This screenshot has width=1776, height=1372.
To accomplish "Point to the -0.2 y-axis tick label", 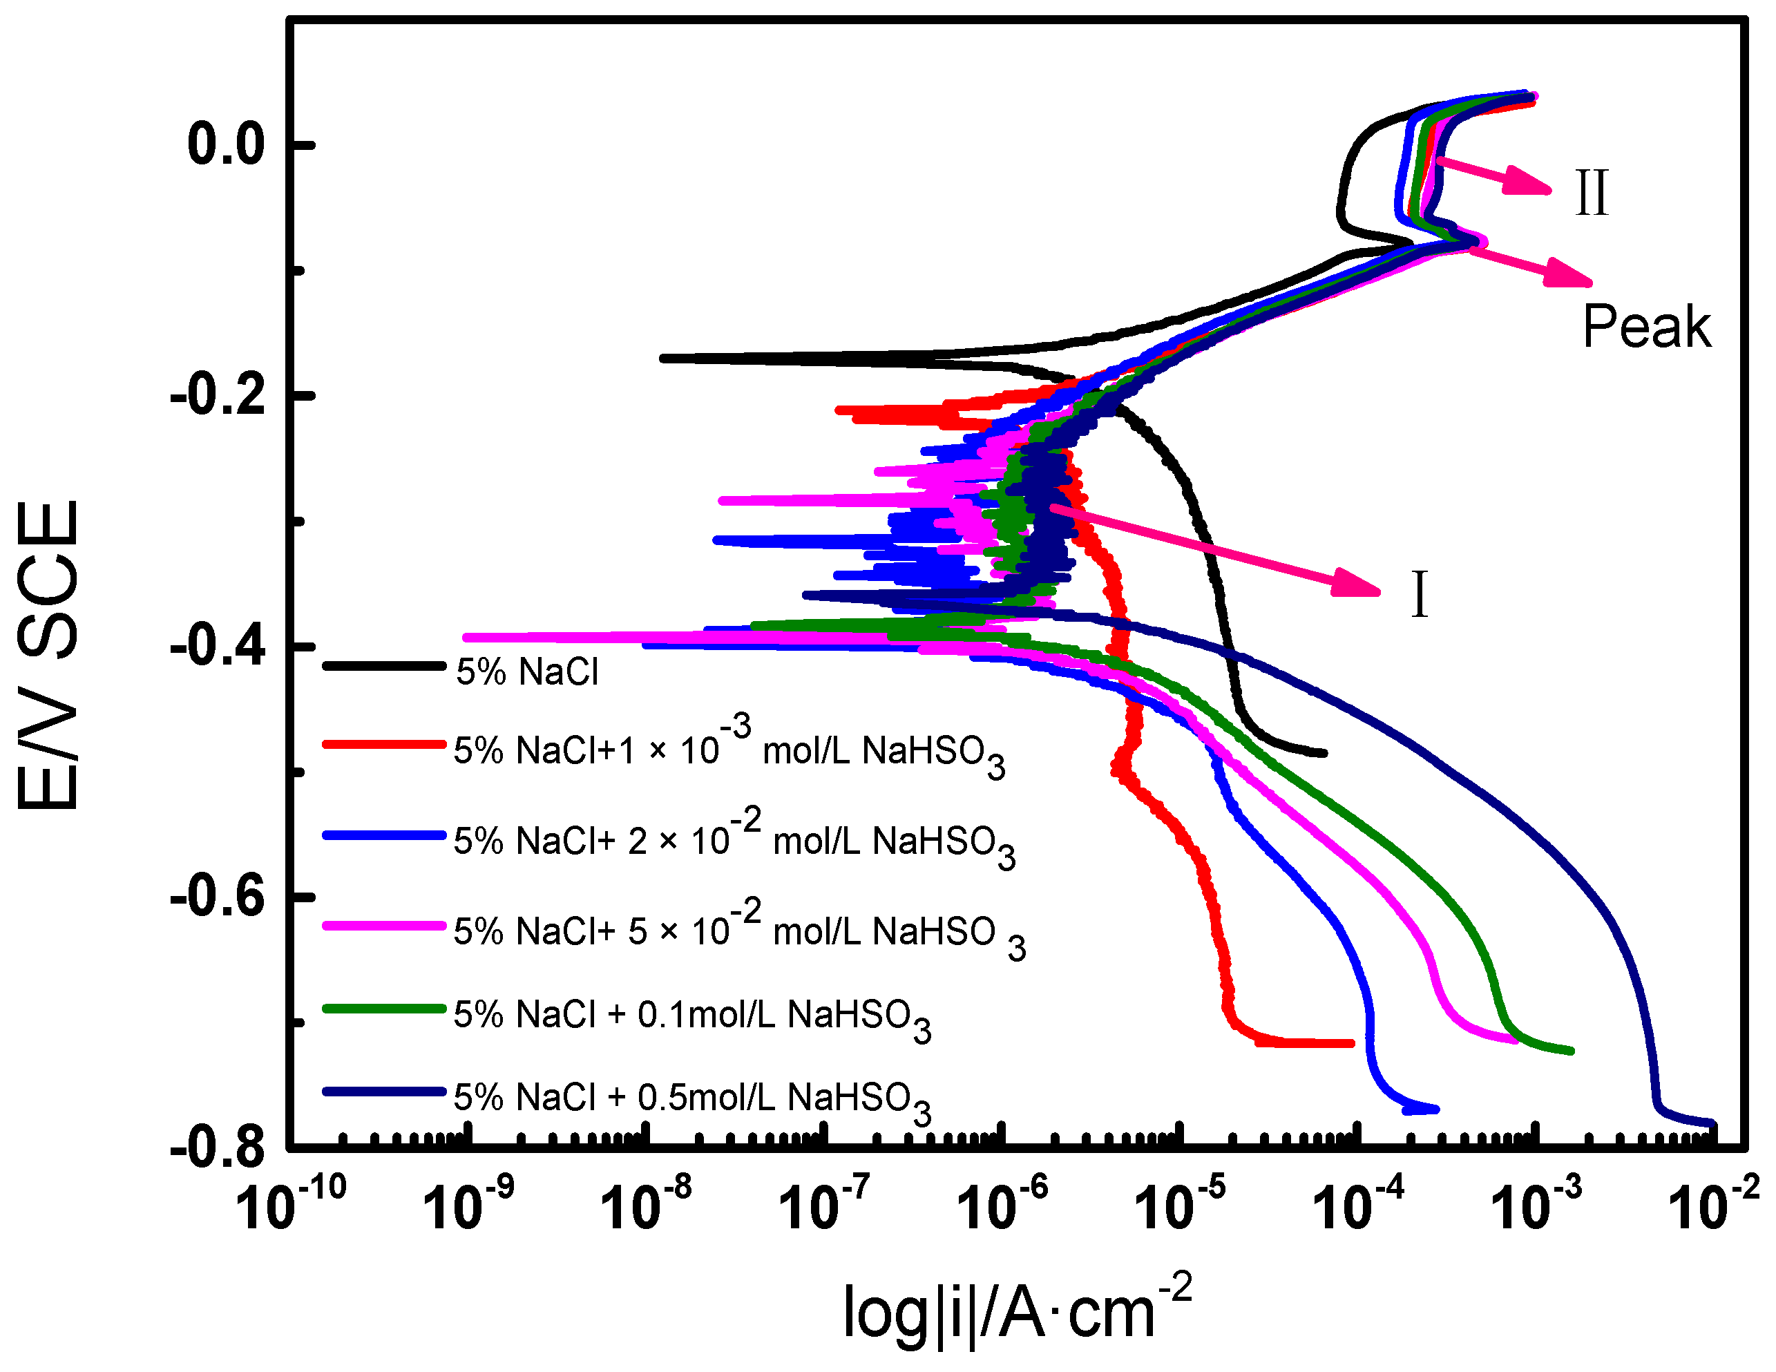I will tap(218, 396).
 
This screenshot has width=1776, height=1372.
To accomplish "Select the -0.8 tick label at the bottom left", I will tap(218, 1147).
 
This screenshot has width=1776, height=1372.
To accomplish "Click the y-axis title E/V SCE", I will tap(49, 655).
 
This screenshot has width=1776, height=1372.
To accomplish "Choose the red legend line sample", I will tap(384, 744).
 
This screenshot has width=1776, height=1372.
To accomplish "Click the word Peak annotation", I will tap(1646, 327).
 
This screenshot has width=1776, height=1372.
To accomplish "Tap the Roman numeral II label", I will tap(1591, 193).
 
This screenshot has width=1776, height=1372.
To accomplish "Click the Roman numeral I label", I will tap(1419, 596).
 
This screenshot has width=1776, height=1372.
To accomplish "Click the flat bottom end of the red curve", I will tap(1309, 1042).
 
